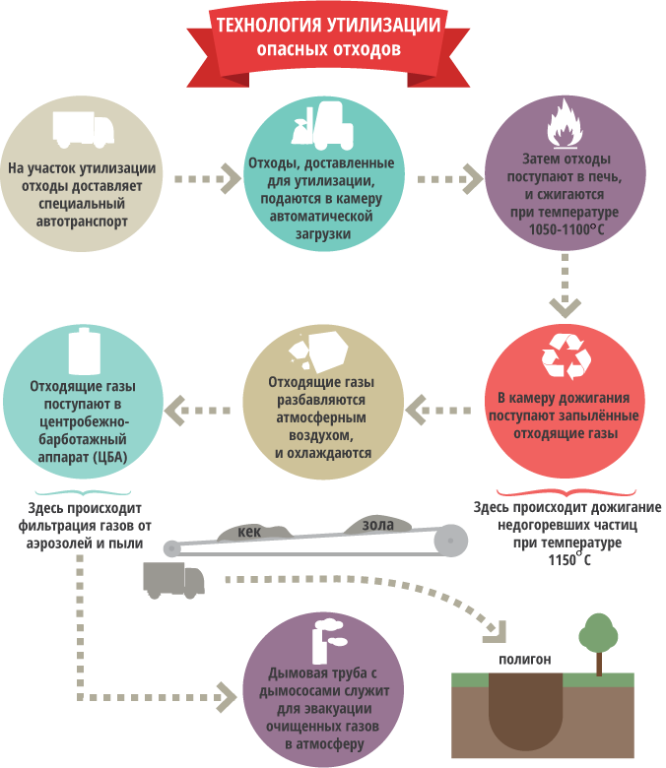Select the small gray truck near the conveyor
tap(173, 580)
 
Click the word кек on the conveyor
tap(250, 532)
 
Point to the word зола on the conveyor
tap(377, 525)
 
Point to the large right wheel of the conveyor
tap(450, 542)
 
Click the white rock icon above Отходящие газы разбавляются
tap(316, 350)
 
